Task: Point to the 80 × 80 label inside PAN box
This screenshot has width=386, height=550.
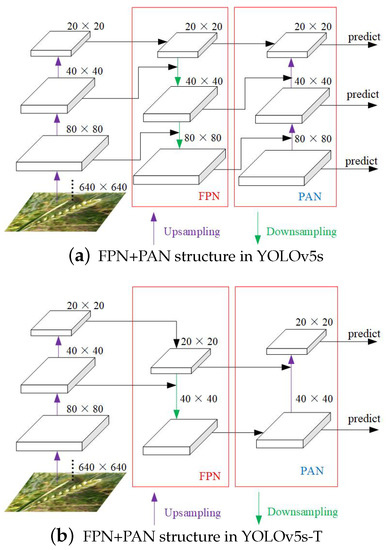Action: tap(316, 135)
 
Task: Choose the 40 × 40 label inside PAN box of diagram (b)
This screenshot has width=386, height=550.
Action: tap(316, 400)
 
